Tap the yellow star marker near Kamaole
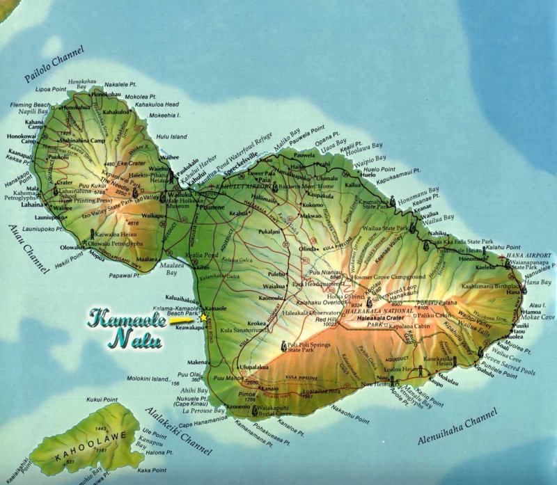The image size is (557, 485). click(205, 317)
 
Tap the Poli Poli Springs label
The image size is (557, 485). click(309, 344)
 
